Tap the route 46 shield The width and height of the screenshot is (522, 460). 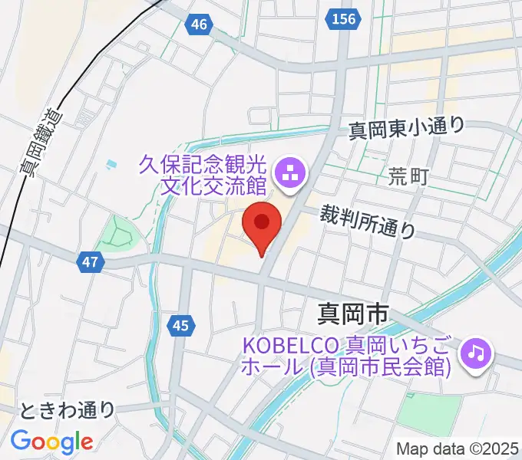pyautogui.click(x=199, y=25)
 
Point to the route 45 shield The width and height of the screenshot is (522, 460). pyautogui.click(x=180, y=327)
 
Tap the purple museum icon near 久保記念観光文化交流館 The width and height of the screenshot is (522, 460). pyautogui.click(x=290, y=175)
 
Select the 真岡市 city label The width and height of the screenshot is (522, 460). pyautogui.click(x=354, y=313)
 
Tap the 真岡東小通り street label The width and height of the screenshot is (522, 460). pyautogui.click(x=406, y=128)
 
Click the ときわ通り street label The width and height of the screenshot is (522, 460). pyautogui.click(x=68, y=410)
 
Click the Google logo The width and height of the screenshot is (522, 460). pyautogui.click(x=51, y=442)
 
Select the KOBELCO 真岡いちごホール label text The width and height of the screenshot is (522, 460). pyautogui.click(x=345, y=355)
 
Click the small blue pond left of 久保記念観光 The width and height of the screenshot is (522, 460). pyautogui.click(x=114, y=163)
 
